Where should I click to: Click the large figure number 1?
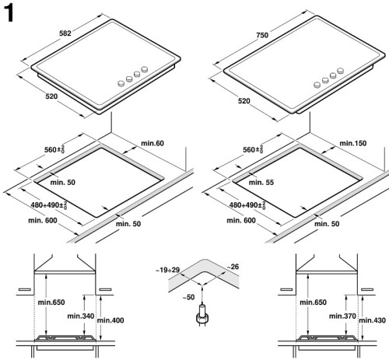(12, 13)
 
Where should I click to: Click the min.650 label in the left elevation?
(52, 302)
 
